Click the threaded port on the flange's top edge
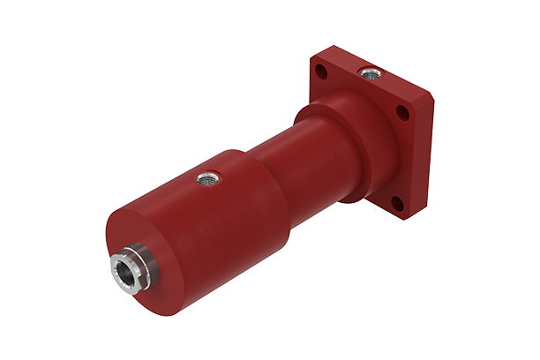coord(364,71)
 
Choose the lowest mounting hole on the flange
coord(397,205)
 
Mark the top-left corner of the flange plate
coord(315,58)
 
